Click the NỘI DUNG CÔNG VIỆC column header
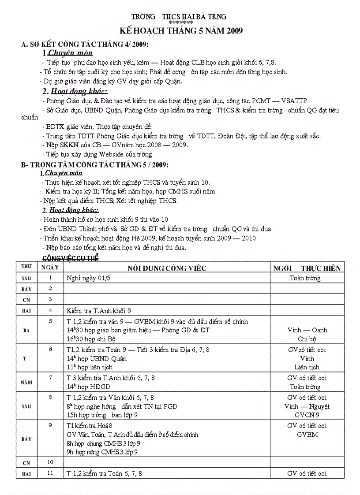click(x=167, y=268)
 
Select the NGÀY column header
click(x=50, y=268)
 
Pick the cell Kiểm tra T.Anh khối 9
click(x=99, y=310)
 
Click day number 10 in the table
click(x=50, y=462)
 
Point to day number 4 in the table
click(x=50, y=310)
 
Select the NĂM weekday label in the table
click(x=26, y=383)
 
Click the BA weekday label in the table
click(x=26, y=330)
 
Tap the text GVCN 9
click(x=307, y=415)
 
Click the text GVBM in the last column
click(x=307, y=435)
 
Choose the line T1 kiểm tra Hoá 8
click(x=90, y=426)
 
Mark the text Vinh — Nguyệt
click(x=307, y=406)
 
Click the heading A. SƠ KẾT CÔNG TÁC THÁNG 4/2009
click(x=85, y=45)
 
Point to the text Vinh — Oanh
click(x=307, y=330)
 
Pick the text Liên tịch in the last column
click(x=307, y=367)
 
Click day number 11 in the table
click(x=50, y=473)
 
